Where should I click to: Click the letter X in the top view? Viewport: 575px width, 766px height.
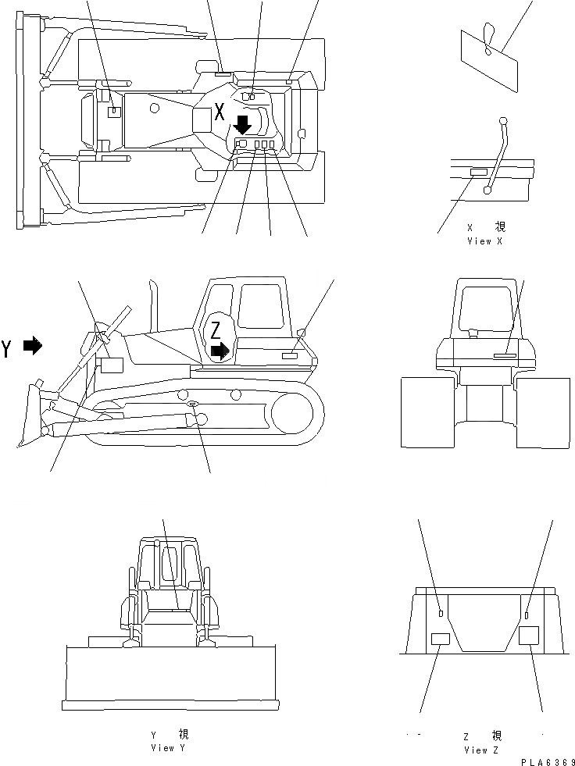click(x=220, y=111)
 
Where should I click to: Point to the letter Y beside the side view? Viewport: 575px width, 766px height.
click(x=7, y=348)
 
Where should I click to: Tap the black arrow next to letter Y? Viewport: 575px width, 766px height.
click(x=32, y=345)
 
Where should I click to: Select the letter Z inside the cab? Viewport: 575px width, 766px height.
click(x=215, y=328)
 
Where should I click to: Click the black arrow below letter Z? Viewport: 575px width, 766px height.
click(x=222, y=351)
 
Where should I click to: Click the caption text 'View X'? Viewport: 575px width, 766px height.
click(x=484, y=241)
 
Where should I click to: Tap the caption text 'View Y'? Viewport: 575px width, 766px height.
click(x=168, y=747)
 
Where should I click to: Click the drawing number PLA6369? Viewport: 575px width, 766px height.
click(x=544, y=761)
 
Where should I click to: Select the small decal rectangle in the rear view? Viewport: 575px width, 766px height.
click(x=505, y=355)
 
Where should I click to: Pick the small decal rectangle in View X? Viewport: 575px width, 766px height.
click(x=477, y=171)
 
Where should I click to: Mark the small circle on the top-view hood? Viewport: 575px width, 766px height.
click(x=155, y=106)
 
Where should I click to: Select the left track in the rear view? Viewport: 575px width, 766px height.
click(x=427, y=412)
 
